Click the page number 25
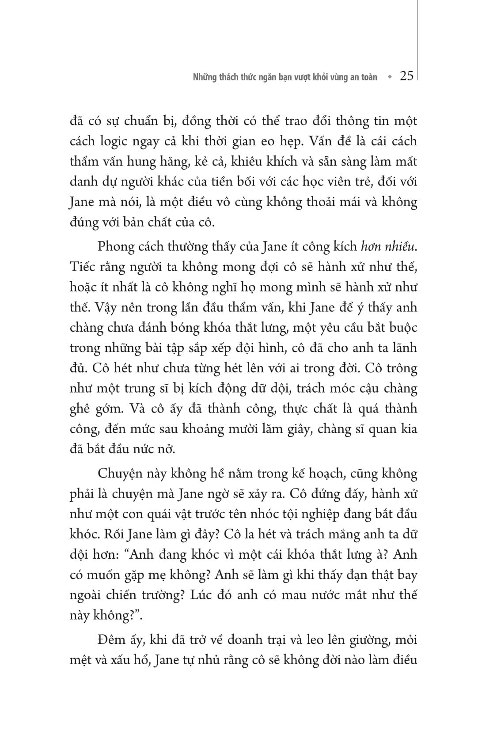[406, 76]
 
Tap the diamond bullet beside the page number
[389, 77]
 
